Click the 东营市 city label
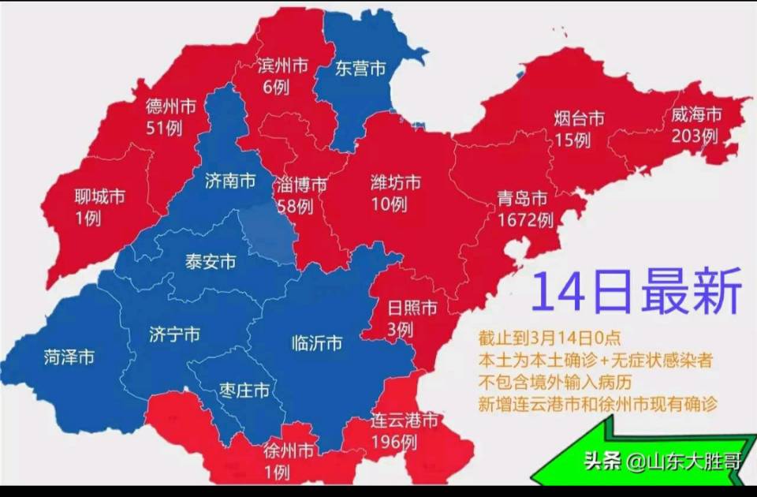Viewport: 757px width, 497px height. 360,69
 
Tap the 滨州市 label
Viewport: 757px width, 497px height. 282,65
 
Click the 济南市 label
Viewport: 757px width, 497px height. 229,181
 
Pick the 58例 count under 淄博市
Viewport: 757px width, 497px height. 295,207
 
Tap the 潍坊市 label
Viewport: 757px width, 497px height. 395,183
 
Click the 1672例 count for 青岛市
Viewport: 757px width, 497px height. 526,219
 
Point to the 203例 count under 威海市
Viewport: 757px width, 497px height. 695,136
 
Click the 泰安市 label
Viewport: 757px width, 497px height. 210,262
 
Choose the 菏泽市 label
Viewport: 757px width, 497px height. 69,357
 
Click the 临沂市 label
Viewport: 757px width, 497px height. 317,343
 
